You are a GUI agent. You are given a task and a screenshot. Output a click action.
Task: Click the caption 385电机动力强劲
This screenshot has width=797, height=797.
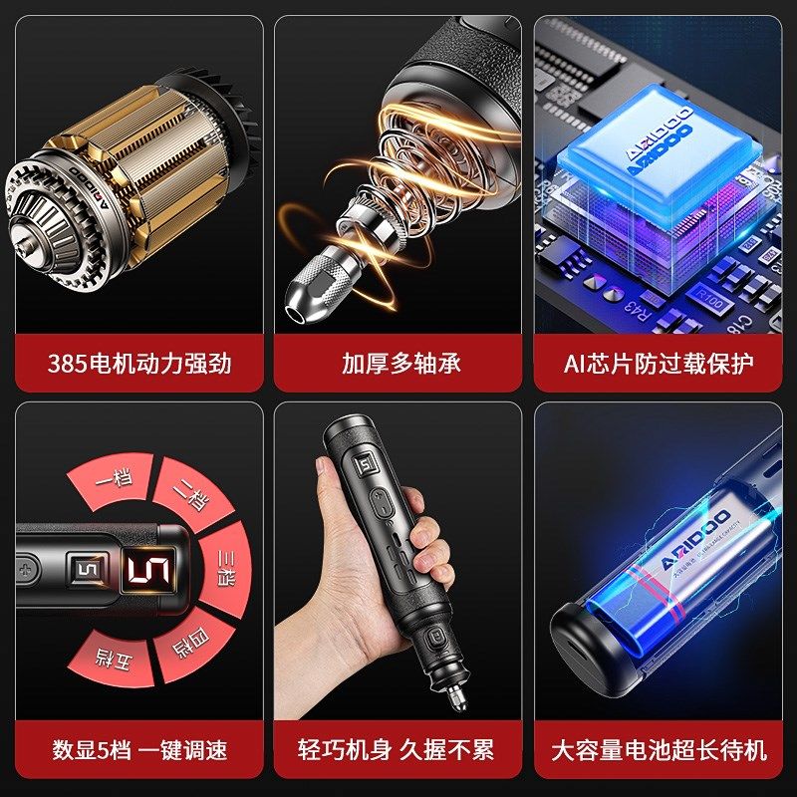click(139, 364)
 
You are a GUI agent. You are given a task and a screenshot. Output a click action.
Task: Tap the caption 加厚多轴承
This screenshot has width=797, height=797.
click(400, 364)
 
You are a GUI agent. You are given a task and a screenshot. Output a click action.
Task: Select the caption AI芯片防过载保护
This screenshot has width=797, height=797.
click(659, 364)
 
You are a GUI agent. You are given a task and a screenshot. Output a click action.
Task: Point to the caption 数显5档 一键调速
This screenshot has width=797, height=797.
click(139, 749)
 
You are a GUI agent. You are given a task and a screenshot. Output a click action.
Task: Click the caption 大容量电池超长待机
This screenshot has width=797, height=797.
click(659, 749)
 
